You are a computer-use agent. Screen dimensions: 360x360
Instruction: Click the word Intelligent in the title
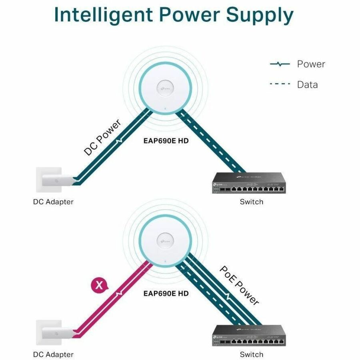[x=102, y=15]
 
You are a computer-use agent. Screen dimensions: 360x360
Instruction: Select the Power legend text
[x=311, y=64]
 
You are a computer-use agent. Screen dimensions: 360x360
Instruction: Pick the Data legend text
[x=307, y=85]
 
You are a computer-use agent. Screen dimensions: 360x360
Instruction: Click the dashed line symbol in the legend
[x=280, y=84]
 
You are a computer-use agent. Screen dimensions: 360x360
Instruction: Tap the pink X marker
[x=100, y=285]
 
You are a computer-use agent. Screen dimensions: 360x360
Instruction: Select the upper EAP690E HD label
[x=166, y=141]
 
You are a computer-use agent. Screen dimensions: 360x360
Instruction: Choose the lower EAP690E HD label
[x=166, y=293]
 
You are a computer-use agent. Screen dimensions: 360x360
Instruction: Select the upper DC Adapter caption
[x=53, y=202]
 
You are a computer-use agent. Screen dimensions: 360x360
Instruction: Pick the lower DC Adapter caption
[x=53, y=354]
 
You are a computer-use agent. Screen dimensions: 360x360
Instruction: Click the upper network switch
[x=249, y=183]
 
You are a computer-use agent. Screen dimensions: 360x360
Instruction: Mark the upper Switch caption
[x=252, y=202]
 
